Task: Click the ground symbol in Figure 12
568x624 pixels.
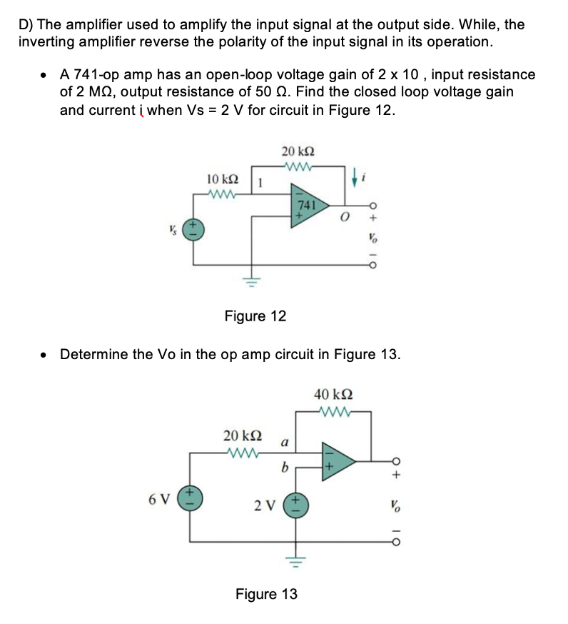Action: coord(250,279)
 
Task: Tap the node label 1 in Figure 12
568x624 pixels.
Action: coord(260,183)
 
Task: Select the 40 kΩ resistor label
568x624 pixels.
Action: coord(333,394)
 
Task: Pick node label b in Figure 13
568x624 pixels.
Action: coord(283,468)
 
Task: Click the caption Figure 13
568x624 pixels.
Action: coord(266,594)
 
